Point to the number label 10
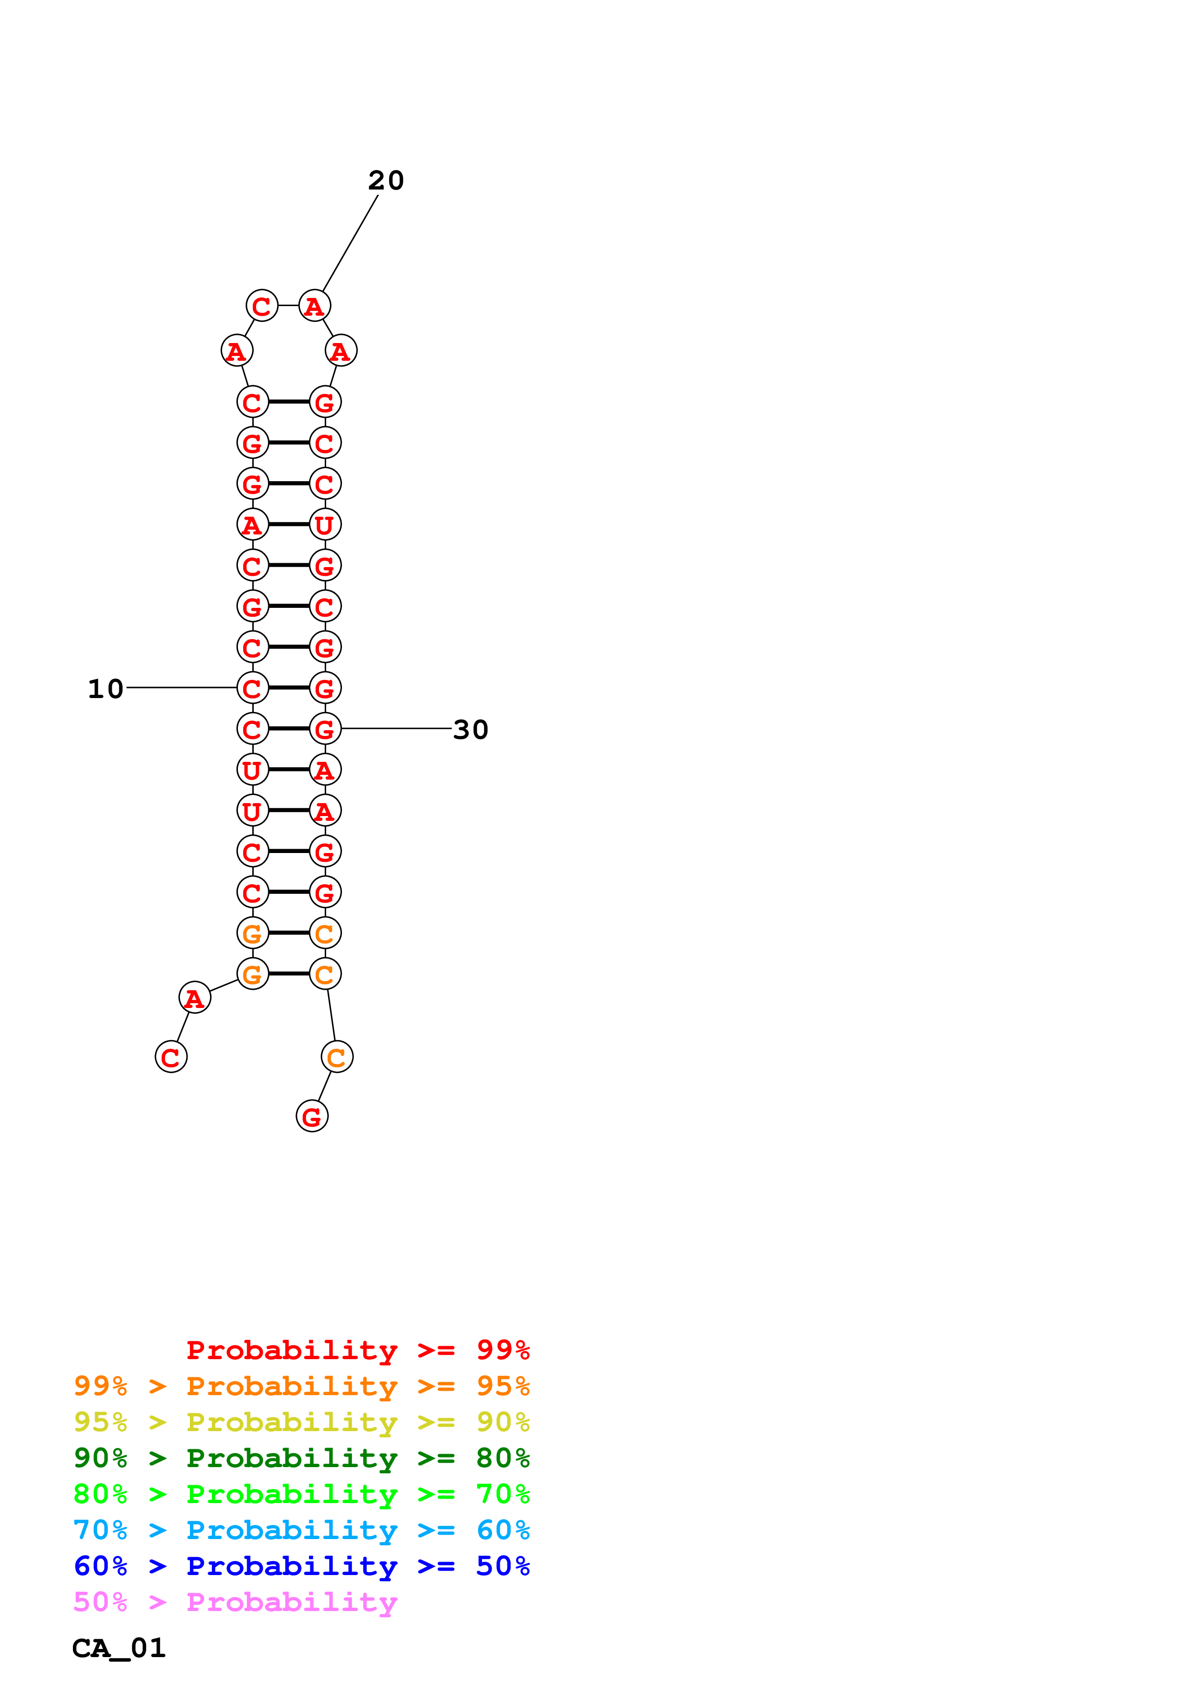pyautogui.click(x=106, y=688)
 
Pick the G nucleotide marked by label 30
pyautogui.click(x=325, y=729)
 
